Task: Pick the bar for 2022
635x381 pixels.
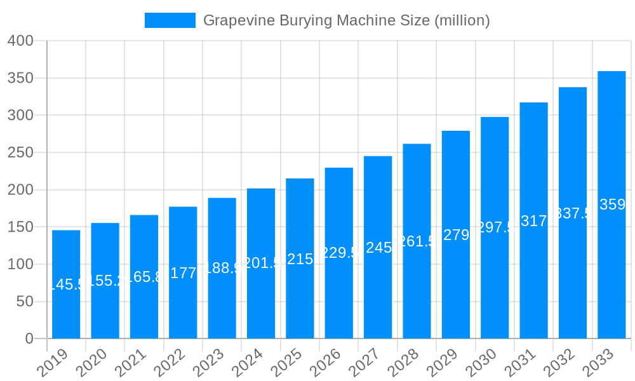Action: point(183,272)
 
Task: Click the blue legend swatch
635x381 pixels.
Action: point(170,20)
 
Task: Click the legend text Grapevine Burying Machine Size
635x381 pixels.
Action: point(346,20)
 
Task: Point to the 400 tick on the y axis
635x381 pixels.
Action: point(20,41)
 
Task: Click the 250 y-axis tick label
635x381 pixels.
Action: point(20,152)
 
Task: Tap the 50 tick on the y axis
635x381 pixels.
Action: point(24,302)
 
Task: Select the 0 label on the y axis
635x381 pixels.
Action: point(29,338)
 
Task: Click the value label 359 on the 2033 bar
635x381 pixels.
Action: point(613,204)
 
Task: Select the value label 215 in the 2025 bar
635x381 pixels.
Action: point(300,259)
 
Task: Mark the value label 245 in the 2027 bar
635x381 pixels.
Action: point(378,248)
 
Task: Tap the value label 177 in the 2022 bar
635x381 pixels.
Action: point(184,273)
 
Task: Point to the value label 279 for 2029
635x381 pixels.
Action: point(456,235)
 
